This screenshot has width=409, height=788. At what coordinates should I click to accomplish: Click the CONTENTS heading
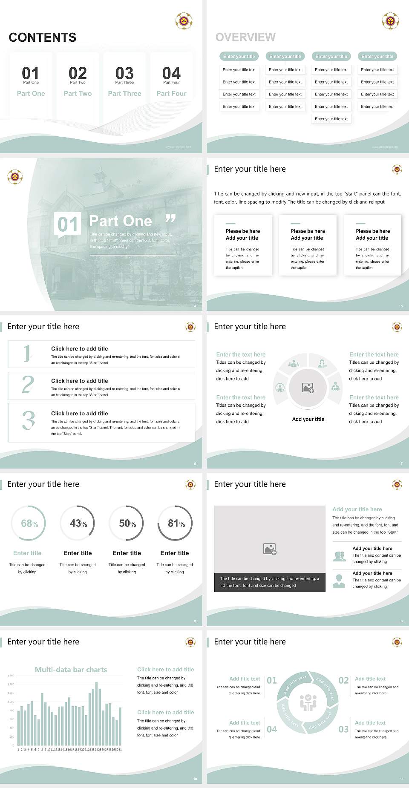(43, 37)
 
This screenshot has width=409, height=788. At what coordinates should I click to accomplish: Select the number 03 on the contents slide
(124, 73)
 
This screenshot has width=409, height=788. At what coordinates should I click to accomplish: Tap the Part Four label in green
(171, 93)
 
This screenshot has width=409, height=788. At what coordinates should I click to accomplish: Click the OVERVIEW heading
(245, 37)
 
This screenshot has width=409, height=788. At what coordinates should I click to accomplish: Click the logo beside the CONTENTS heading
(184, 20)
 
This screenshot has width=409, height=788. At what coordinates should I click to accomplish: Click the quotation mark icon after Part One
(170, 219)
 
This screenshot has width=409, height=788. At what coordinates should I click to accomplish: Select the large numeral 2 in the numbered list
(28, 385)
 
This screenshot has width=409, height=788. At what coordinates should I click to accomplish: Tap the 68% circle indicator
(29, 523)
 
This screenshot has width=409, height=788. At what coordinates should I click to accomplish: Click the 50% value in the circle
(127, 523)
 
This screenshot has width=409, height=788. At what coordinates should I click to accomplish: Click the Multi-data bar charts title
(71, 670)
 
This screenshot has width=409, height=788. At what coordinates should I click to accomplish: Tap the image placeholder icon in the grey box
(270, 549)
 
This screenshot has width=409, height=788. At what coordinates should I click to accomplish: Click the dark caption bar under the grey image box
(270, 582)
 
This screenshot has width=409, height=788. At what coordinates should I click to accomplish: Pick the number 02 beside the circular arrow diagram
(343, 680)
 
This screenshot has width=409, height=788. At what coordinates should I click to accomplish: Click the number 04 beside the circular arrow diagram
(272, 729)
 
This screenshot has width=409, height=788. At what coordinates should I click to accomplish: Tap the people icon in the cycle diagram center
(308, 703)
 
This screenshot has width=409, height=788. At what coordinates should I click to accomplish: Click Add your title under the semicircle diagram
(308, 419)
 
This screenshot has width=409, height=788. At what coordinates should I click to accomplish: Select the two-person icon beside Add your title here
(339, 556)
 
